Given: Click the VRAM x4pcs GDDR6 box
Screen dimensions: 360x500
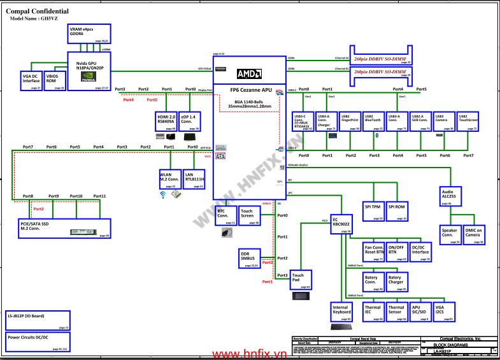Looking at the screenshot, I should (x=89, y=34).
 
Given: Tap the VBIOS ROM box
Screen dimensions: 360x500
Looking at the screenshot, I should (x=54, y=80).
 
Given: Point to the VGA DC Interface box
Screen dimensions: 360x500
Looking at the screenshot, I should (x=31, y=80).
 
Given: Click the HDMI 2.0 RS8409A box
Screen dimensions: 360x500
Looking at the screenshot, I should (x=166, y=121).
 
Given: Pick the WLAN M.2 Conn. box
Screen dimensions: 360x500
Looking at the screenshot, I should (x=169, y=178).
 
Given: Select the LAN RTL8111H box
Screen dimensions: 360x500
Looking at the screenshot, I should (x=193, y=178).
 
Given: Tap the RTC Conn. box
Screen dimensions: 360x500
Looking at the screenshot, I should (x=225, y=215).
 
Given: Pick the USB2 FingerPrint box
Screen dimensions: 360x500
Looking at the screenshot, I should (x=350, y=122).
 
